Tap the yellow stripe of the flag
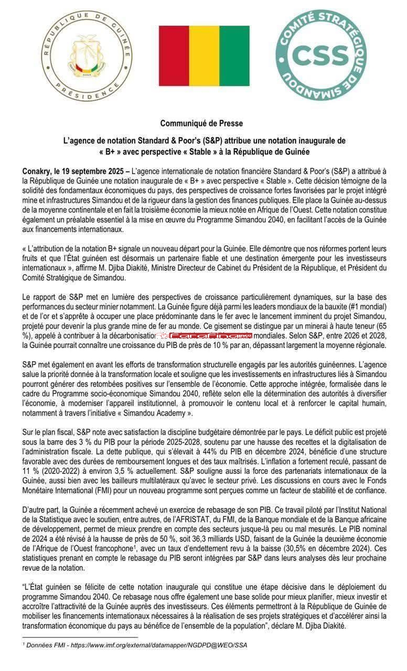[204, 56]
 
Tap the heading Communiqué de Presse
[201, 123]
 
